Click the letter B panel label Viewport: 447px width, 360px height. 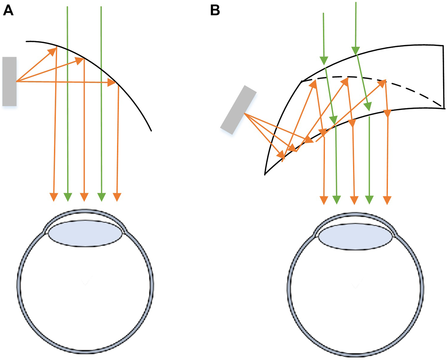tap(215, 10)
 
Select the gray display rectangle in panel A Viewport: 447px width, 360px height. tap(9, 81)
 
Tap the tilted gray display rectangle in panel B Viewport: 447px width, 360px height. tap(239, 110)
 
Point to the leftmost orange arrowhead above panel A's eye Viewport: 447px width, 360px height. tap(54, 197)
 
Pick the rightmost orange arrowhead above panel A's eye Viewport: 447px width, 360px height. tap(117, 197)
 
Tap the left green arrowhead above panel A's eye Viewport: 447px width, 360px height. tap(68, 197)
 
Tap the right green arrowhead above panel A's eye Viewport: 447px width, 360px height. tap(102, 197)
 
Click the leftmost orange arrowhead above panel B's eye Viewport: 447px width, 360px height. tap(324, 200)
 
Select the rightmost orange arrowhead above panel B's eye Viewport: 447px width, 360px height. tap(387, 200)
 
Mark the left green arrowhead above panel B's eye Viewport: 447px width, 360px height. tap(337, 200)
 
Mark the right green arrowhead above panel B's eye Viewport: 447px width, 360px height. tap(369, 200)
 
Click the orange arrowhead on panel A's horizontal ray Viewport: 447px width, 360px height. tap(112, 83)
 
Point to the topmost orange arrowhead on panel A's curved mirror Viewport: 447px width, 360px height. tap(53, 50)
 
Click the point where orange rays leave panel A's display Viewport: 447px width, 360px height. tap(16, 82)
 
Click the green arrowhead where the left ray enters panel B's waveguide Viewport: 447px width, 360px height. tap(324, 61)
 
